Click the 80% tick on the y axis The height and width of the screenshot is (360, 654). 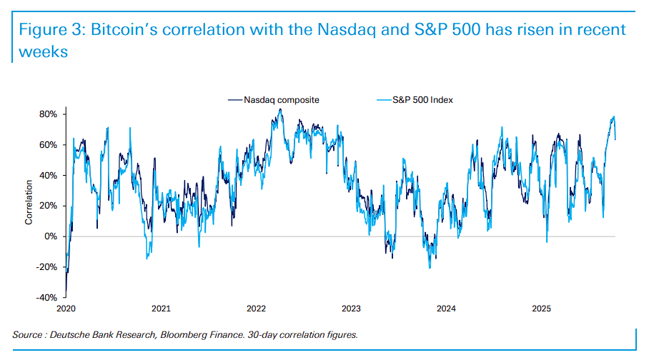48,114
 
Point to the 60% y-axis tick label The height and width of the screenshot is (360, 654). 48,145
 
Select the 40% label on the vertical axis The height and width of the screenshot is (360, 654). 48,176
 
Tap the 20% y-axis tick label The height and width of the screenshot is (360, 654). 48,206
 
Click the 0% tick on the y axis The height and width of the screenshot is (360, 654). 50,236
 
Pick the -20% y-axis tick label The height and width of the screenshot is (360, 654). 46,267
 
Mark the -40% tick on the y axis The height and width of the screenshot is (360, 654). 46,298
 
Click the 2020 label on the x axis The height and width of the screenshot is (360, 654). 66,309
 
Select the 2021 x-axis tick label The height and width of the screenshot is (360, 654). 161,309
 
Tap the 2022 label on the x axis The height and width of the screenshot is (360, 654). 256,309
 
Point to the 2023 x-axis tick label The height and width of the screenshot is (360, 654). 351,309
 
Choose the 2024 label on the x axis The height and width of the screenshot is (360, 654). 446,309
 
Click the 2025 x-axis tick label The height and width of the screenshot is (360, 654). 541,309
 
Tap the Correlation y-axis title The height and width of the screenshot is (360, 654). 29,206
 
